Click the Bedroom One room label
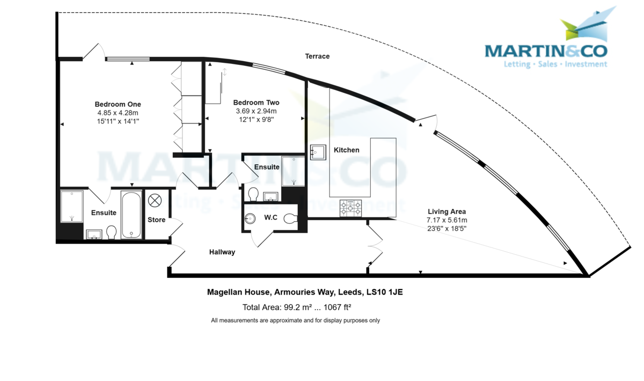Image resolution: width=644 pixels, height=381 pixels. coord(118,104)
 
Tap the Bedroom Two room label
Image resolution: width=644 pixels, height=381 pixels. coord(256,102)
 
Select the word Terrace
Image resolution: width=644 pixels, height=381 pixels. coord(317,56)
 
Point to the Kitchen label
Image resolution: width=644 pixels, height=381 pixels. coord(347,150)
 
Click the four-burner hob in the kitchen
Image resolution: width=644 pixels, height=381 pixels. coord(350,208)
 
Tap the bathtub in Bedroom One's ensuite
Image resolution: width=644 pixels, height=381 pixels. coord(131,215)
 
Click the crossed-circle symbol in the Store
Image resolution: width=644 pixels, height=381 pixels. coord(155,200)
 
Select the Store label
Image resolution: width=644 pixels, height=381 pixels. coord(157,220)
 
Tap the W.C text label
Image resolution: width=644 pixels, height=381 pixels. coord(270,217)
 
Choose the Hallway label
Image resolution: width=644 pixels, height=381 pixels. coord(222,252)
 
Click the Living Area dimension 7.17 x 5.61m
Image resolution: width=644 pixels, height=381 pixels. coord(447,220)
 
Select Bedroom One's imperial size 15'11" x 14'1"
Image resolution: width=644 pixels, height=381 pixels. coord(118,121)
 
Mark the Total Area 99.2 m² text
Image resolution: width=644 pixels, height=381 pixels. coord(277,307)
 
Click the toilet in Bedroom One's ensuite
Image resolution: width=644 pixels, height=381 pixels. coord(112,232)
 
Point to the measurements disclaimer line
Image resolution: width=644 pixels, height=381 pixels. coord(295,320)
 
